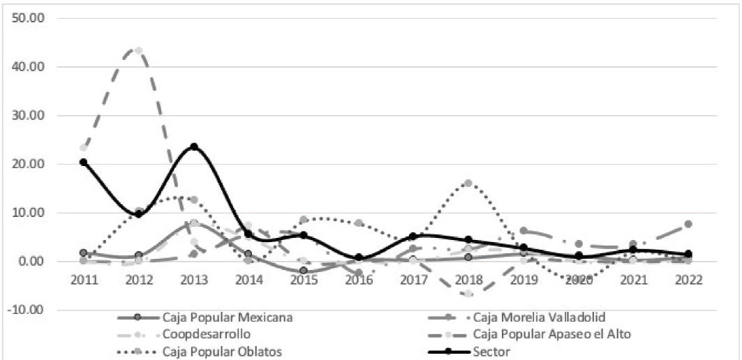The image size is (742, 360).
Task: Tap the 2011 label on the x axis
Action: (x=84, y=279)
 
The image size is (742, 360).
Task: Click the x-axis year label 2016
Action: (x=358, y=279)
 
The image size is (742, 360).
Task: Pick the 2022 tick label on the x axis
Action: (x=688, y=279)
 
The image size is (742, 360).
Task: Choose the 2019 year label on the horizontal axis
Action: (x=523, y=279)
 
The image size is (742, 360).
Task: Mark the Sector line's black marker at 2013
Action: (x=193, y=147)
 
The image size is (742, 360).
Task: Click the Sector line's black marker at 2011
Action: (x=84, y=162)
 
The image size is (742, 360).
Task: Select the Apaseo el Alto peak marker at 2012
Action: (x=138, y=51)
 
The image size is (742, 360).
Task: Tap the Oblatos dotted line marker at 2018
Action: (x=468, y=183)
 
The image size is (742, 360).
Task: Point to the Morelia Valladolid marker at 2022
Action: (x=688, y=224)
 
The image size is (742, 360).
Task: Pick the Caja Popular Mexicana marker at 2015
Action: (x=304, y=271)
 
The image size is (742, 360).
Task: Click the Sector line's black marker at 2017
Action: (x=413, y=237)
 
